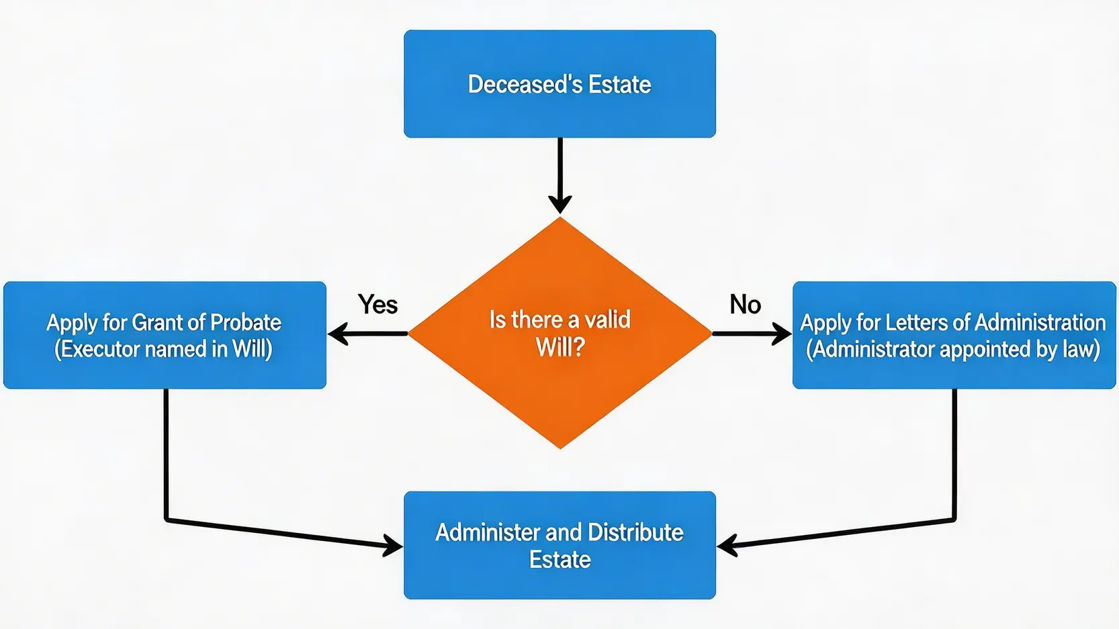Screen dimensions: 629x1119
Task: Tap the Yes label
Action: point(377,305)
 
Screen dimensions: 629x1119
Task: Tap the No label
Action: point(745,305)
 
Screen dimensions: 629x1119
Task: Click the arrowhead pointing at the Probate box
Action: point(337,334)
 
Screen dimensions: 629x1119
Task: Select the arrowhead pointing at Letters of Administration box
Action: point(782,334)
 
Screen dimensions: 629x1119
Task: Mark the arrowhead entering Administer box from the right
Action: point(726,545)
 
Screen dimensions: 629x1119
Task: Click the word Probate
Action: point(245,323)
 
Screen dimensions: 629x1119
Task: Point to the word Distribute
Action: point(635,532)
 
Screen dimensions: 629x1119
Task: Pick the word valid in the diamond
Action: point(607,320)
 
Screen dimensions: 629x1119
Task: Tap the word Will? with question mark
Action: point(559,347)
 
